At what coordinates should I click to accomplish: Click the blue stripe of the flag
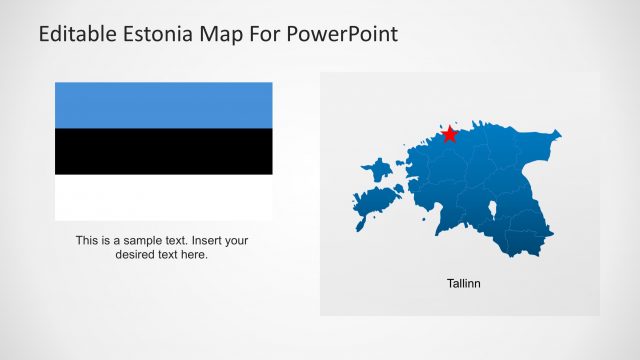(163, 105)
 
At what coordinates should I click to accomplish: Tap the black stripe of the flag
(163, 151)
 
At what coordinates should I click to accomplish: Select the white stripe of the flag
(163, 197)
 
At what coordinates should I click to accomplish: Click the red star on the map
(450, 133)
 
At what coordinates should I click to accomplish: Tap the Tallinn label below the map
(463, 283)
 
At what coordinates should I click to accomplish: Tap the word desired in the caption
(137, 254)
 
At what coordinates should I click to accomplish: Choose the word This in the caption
(87, 240)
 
